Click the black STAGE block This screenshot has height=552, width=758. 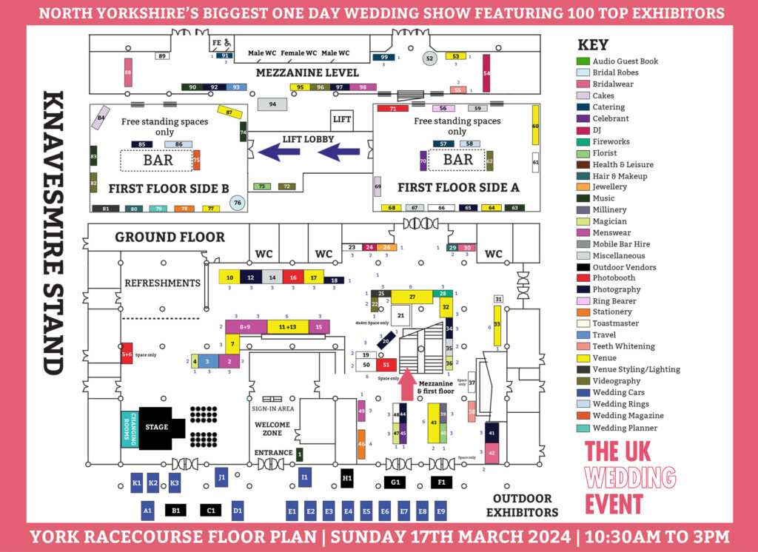156,428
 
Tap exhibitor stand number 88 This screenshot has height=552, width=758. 128,73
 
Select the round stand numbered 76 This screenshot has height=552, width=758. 237,202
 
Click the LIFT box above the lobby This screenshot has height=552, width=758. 342,119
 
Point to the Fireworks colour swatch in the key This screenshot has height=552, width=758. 583,141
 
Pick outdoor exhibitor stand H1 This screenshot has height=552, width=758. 347,479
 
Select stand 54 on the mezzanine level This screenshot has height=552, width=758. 486,73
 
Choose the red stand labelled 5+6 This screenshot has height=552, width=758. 127,353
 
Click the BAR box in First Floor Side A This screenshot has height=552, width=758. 457,160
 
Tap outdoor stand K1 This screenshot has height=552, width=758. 136,483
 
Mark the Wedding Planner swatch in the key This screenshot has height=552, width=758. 583,428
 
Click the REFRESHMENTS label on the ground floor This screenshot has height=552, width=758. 162,283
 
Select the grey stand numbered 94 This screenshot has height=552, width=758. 272,104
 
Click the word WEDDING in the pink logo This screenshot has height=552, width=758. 630,477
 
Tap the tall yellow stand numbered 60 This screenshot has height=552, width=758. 535,128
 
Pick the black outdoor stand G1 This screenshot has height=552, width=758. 395,482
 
